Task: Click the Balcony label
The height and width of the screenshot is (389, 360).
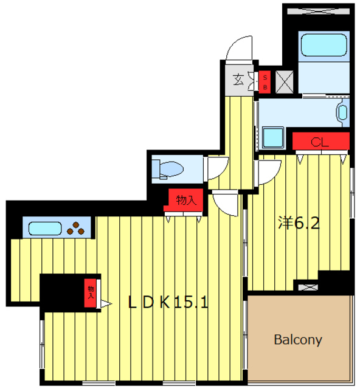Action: pyautogui.click(x=298, y=339)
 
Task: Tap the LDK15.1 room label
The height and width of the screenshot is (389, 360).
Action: pyautogui.click(x=168, y=302)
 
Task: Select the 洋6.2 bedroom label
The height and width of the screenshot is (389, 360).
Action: pyautogui.click(x=299, y=222)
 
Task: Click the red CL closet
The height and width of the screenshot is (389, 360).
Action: pyautogui.click(x=320, y=141)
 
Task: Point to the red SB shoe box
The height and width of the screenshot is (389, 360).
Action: pyautogui.click(x=265, y=82)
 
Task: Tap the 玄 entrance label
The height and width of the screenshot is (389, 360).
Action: pyautogui.click(x=238, y=80)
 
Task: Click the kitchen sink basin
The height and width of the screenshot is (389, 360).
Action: pyautogui.click(x=45, y=229)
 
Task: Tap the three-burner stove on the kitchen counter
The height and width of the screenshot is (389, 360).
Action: pyautogui.click(x=76, y=229)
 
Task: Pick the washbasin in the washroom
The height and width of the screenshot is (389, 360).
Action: pyautogui.click(x=343, y=112)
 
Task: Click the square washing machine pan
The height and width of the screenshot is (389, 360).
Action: pyautogui.click(x=273, y=137)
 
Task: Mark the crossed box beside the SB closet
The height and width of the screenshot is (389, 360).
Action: pyautogui.click(x=285, y=82)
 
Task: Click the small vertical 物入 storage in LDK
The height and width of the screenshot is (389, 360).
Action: pyautogui.click(x=90, y=293)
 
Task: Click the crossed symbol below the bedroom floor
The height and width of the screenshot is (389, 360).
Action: pyautogui.click(x=308, y=287)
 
